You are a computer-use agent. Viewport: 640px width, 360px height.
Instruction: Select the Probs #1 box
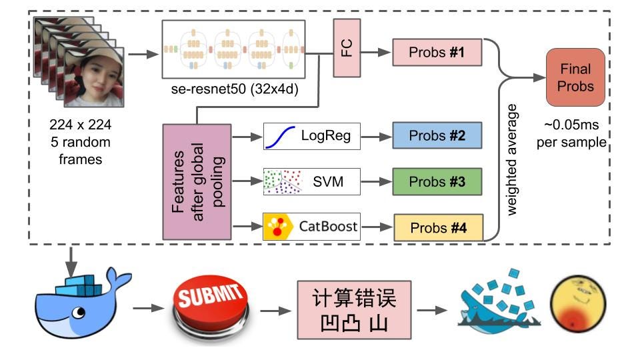point(437,52)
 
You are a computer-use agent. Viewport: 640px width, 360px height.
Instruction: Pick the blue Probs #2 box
point(437,136)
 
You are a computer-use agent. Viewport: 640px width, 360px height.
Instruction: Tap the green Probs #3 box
point(437,181)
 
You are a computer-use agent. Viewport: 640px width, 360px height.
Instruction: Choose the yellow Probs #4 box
point(438,227)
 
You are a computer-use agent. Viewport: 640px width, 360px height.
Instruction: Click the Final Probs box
point(575,77)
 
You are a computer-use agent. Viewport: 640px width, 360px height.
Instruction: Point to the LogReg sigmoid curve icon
point(281,137)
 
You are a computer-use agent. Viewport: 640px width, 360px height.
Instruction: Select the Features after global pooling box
point(196,181)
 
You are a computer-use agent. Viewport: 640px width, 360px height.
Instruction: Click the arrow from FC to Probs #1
point(375,52)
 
